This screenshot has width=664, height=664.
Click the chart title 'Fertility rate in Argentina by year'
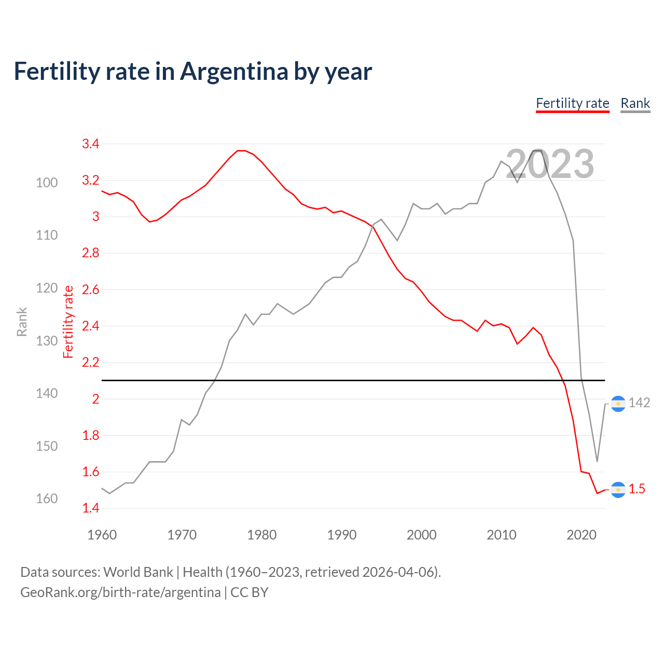pyautogui.click(x=192, y=72)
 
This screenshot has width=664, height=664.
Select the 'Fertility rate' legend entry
pyautogui.click(x=572, y=103)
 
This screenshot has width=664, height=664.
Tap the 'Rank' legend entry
pyautogui.click(x=635, y=103)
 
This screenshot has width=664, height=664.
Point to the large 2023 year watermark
pyautogui.click(x=549, y=164)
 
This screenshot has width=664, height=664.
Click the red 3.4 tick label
pyautogui.click(x=91, y=144)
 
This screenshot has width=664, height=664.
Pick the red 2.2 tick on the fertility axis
pyautogui.click(x=91, y=363)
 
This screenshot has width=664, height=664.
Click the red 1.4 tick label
pyautogui.click(x=91, y=508)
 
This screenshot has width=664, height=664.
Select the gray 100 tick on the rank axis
pyautogui.click(x=47, y=183)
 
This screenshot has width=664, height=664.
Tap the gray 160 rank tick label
pyautogui.click(x=47, y=499)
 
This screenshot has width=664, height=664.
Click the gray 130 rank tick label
pyautogui.click(x=47, y=341)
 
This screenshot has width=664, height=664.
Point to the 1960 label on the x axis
pyautogui.click(x=102, y=535)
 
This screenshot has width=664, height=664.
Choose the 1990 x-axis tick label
pyautogui.click(x=341, y=535)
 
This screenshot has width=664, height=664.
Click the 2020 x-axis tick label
pyautogui.click(x=581, y=535)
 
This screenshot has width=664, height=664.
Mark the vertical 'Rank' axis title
pyautogui.click(x=22, y=322)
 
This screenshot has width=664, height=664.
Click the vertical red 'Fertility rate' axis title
pyautogui.click(x=68, y=322)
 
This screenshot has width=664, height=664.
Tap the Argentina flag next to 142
pyautogui.click(x=618, y=404)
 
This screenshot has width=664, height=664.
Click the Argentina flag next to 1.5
pyautogui.click(x=618, y=490)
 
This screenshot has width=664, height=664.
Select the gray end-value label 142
pyautogui.click(x=639, y=403)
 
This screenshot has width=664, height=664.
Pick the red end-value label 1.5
pyautogui.click(x=637, y=489)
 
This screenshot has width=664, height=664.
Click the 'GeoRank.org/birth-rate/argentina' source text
pyautogui.click(x=120, y=592)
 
